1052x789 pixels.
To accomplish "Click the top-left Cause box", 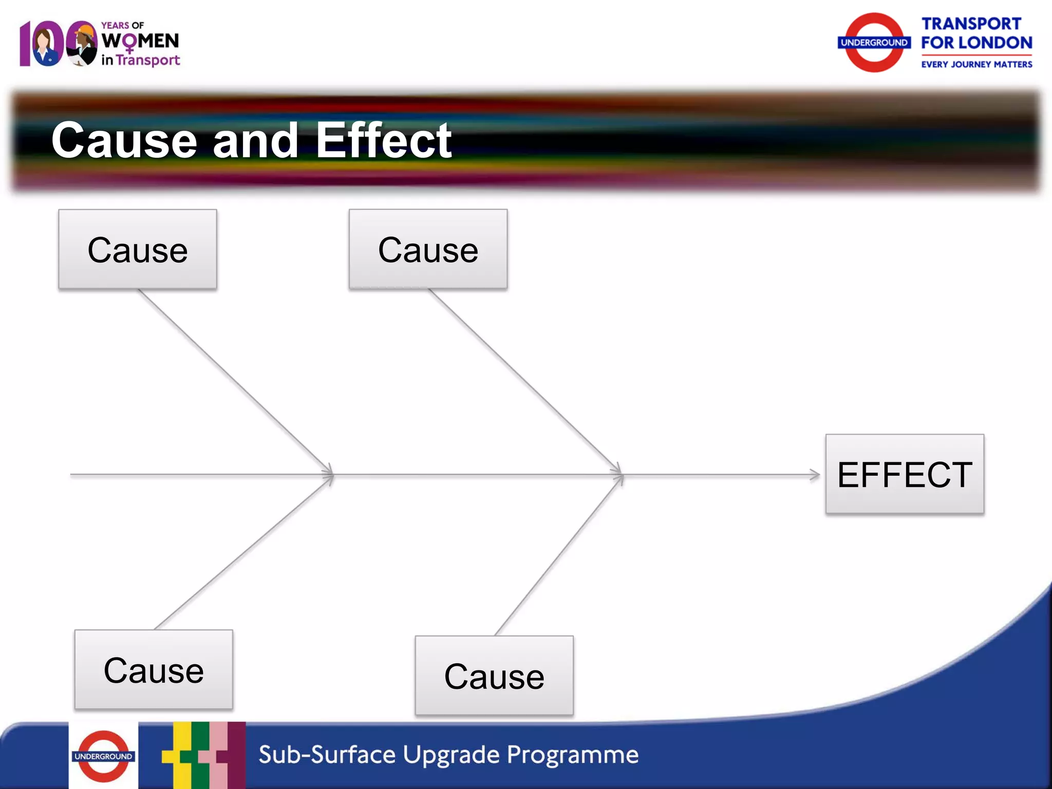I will [137, 249].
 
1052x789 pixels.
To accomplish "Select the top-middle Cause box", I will [428, 249].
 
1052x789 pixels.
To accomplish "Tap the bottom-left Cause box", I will [154, 670].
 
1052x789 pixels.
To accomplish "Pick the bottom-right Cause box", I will [494, 676].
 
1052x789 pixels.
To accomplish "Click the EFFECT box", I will [905, 474].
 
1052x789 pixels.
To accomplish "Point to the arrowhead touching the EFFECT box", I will [816, 475].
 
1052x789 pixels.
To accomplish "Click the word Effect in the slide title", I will [383, 140].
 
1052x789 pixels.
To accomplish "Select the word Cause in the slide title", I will [124, 140].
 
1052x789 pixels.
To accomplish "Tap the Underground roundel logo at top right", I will [874, 43].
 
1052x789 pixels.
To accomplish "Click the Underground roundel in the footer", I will [103, 756].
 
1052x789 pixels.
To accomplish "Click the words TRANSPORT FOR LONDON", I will [976, 33].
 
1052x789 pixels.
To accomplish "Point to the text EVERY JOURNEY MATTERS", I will [976, 64].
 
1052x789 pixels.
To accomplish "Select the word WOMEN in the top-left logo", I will [140, 41].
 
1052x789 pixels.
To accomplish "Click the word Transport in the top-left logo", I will [148, 61].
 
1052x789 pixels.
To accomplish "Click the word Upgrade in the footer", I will [451, 755].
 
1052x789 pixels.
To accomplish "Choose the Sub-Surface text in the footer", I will [327, 755].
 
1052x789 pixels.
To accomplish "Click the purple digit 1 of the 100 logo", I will [25, 44].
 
